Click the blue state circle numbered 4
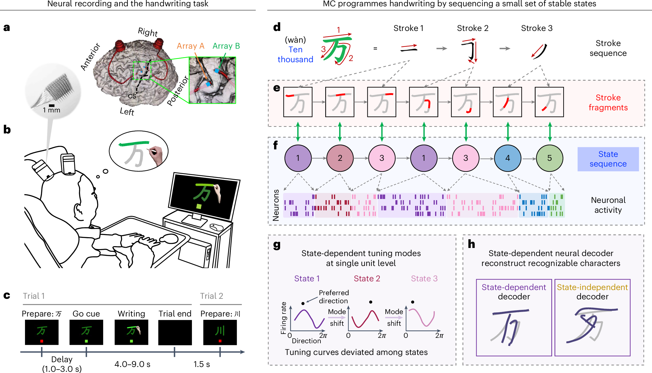(508, 158)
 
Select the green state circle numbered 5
(549, 158)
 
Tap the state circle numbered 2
(340, 158)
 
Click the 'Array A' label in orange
(190, 46)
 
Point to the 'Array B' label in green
(226, 46)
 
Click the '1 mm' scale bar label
(51, 110)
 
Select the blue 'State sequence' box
(608, 159)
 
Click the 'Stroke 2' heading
(472, 28)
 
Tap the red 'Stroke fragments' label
(608, 102)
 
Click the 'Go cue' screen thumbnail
(86, 332)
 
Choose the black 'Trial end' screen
(175, 332)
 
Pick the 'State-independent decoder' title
(592, 292)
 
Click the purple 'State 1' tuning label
(307, 279)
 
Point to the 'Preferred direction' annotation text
(334, 297)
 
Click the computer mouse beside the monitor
(216, 227)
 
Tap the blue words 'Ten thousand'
(295, 54)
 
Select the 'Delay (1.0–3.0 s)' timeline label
(62, 364)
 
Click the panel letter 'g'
(277, 245)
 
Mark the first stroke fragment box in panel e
(298, 102)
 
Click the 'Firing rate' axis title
(283, 318)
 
